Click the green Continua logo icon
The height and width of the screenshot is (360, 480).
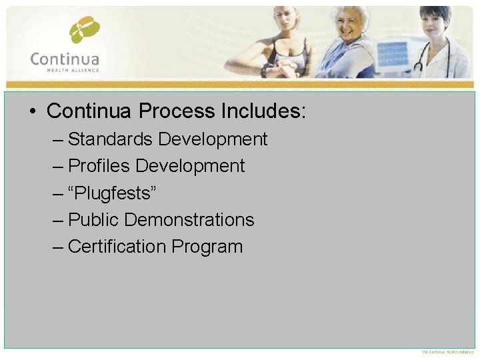(x=84, y=30)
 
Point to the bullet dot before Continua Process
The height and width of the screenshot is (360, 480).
(x=33, y=111)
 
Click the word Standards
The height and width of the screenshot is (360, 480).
(x=111, y=139)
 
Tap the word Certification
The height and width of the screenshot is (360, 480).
(x=117, y=247)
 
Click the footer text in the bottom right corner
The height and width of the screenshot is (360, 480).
(x=447, y=352)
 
